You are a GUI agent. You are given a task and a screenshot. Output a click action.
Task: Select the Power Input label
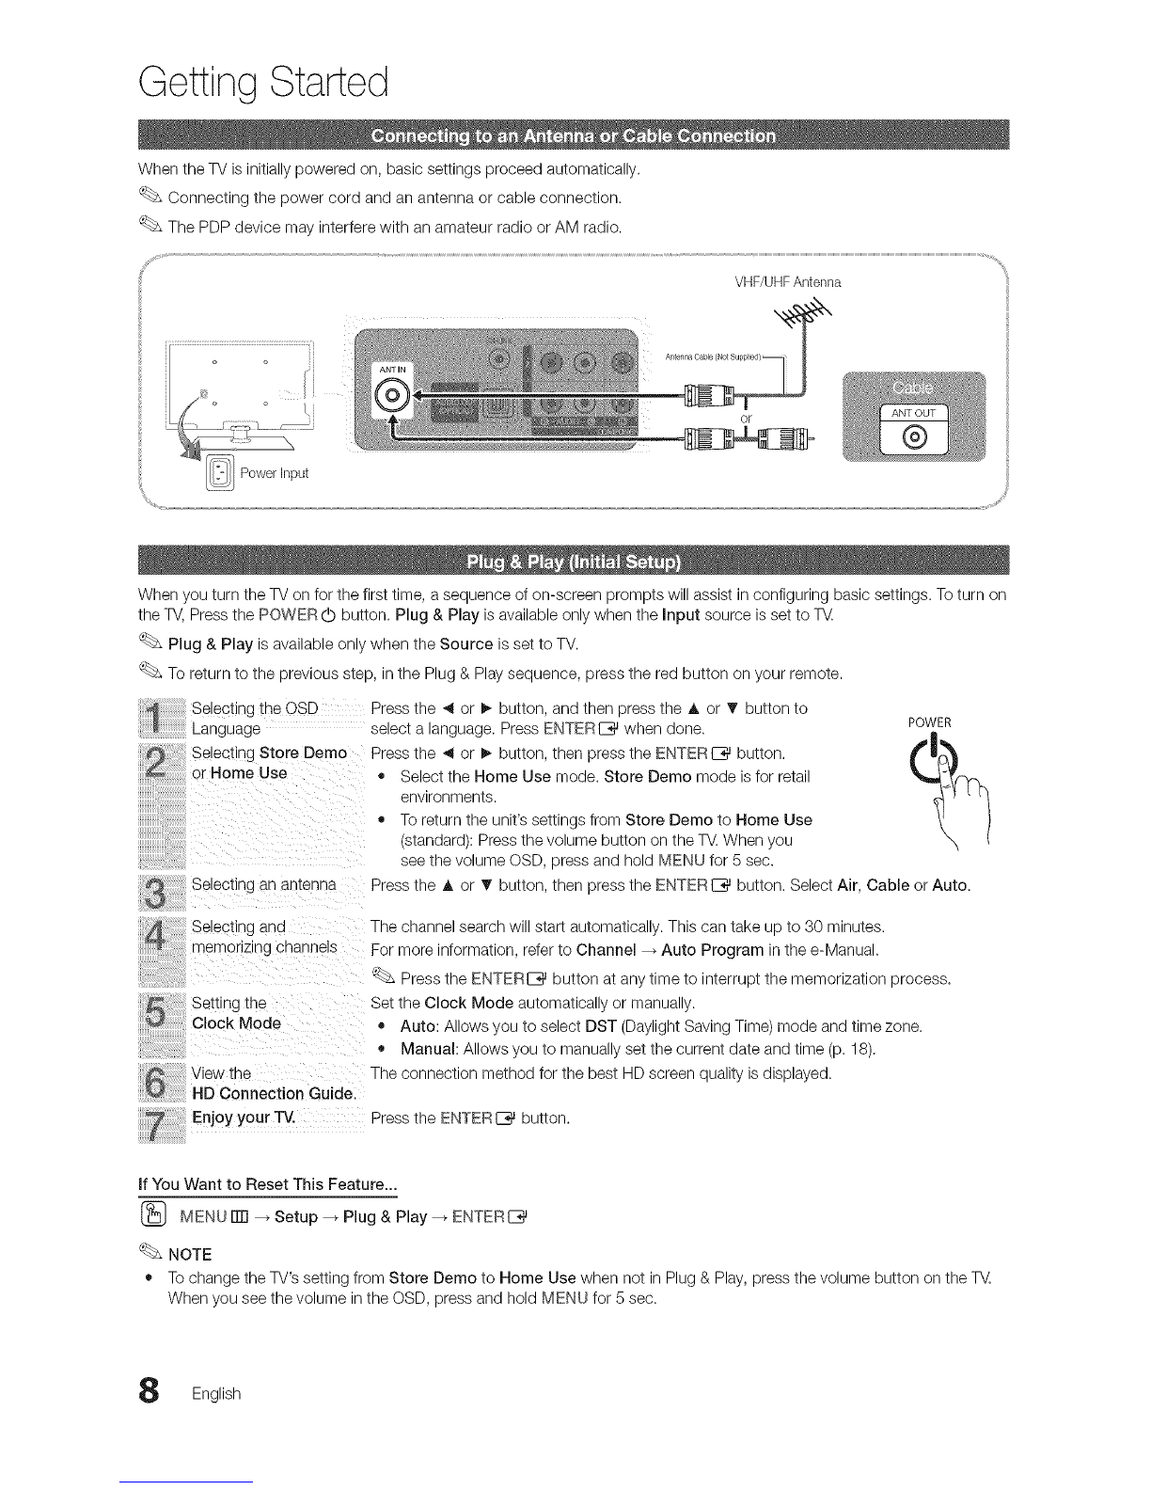point(274,473)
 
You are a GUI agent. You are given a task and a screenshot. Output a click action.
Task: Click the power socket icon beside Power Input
point(216,470)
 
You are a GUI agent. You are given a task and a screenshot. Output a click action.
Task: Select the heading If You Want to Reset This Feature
point(267,1181)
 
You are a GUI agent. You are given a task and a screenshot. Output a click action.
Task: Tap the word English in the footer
point(216,1393)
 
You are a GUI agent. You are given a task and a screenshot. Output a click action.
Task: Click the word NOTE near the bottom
point(189,1254)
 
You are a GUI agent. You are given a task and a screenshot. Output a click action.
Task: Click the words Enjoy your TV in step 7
point(244,1117)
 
